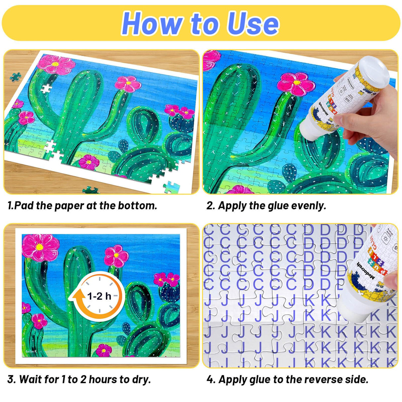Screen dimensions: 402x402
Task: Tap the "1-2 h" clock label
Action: tap(99, 296)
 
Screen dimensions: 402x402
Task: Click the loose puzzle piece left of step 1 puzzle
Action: tap(15, 77)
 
